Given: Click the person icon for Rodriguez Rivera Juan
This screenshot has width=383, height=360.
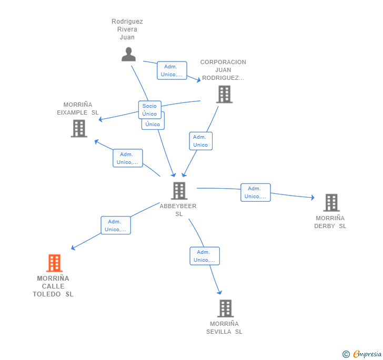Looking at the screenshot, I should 128,54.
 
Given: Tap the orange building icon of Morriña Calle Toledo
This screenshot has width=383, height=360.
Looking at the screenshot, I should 54,263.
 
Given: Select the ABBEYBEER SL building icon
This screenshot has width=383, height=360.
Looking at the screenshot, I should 179,191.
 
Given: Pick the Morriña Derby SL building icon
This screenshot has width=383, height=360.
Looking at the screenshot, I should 331,202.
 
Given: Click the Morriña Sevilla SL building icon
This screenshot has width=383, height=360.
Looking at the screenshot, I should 225,308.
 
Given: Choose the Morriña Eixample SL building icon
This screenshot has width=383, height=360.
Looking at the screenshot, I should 79,128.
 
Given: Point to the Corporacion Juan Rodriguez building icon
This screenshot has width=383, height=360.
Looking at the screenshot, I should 224,94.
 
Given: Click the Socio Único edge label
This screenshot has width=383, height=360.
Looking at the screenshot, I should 149,110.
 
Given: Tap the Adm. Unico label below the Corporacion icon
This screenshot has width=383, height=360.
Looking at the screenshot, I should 200,141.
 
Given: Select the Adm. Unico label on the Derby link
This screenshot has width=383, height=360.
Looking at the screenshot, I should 255,192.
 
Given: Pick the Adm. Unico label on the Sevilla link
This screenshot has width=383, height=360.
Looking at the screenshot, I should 204,256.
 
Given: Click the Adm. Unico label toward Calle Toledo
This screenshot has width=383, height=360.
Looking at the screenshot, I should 116,225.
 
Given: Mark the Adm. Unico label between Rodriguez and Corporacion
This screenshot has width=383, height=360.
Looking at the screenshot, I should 172,70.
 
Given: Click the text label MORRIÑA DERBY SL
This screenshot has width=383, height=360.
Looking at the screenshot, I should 330,222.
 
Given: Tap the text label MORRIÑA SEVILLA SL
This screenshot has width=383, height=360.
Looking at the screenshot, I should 225,328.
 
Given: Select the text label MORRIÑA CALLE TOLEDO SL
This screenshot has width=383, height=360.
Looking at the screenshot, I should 53,286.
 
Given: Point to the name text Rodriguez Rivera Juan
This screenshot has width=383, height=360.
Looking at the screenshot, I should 127,29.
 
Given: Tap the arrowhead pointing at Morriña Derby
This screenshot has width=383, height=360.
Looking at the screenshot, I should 312,198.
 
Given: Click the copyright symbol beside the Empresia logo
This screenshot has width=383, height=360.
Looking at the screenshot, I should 346,355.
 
